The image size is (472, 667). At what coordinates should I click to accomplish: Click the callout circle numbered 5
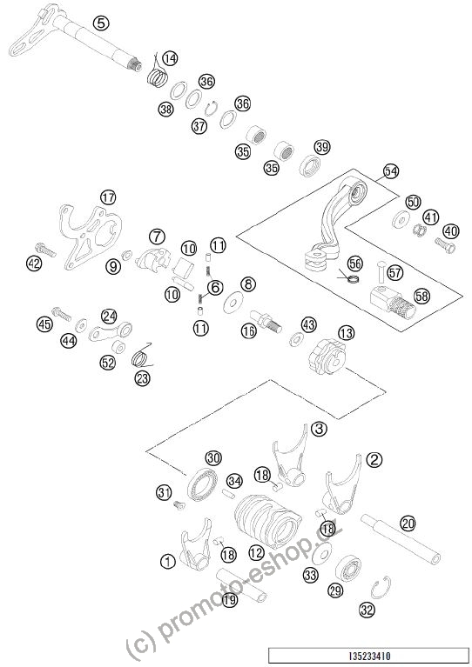click(100, 23)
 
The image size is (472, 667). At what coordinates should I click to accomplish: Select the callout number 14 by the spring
click(170, 58)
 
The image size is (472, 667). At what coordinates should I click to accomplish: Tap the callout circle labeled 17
click(108, 197)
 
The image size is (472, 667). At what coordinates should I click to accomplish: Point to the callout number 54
click(391, 171)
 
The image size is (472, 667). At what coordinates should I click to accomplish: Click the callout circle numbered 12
click(256, 552)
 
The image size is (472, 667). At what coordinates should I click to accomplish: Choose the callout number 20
click(408, 524)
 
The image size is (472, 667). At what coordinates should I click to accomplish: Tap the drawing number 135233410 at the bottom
click(369, 657)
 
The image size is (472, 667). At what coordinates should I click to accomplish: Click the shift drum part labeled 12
click(268, 520)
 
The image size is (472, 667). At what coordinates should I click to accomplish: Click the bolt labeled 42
click(46, 249)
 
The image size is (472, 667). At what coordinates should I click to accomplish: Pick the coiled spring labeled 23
click(141, 355)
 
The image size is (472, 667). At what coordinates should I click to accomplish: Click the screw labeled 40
click(445, 244)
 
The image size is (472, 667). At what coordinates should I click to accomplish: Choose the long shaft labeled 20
click(401, 539)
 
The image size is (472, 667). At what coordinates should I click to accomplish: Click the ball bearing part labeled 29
click(348, 569)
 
